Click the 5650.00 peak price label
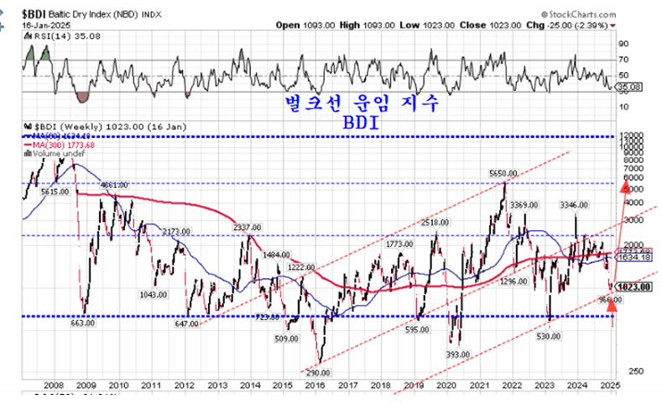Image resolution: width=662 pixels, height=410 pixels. (x=503, y=174)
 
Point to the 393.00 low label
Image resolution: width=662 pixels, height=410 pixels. (x=458, y=355)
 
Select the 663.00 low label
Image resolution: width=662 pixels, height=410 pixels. (x=83, y=323)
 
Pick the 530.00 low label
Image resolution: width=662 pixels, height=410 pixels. (x=547, y=335)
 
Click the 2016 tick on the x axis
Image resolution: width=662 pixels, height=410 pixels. (x=315, y=384)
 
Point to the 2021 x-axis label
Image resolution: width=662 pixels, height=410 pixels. (x=479, y=384)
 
